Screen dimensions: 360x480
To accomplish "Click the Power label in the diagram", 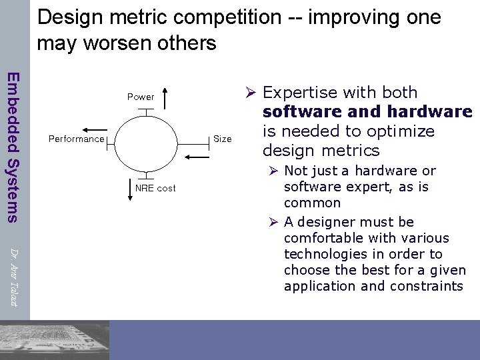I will pyautogui.click(x=141, y=97).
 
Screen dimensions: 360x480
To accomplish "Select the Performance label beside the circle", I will pyautogui.click(x=77, y=139).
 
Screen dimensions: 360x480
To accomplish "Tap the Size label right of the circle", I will pyautogui.click(x=222, y=139).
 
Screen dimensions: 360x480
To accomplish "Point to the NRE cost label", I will pyautogui.click(x=155, y=188).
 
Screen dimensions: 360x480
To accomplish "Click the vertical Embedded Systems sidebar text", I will pyautogui.click(x=13, y=146).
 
